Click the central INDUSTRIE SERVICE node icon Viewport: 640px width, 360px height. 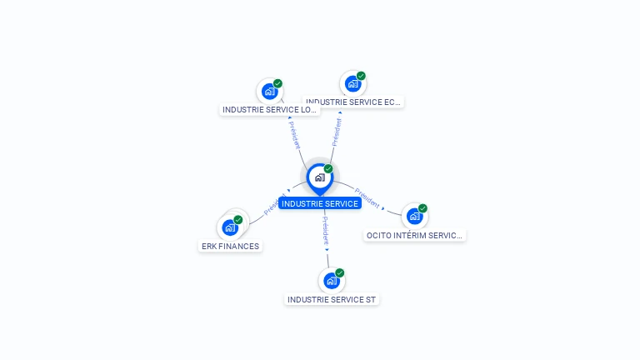click(319, 177)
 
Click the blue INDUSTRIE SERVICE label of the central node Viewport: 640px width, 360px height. click(320, 203)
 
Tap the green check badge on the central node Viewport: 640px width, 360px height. click(328, 168)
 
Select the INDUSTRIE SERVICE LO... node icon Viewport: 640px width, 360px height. click(269, 91)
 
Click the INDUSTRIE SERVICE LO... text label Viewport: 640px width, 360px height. click(269, 109)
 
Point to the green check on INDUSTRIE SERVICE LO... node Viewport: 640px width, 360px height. click(277, 83)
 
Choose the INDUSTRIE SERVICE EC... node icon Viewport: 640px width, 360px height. click(352, 83)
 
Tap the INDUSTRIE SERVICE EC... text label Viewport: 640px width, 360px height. click(353, 102)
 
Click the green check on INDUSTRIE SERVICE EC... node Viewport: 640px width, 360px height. click(361, 76)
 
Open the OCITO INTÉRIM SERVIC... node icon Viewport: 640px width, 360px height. click(414, 216)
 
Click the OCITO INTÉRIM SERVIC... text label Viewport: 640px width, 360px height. click(414, 235)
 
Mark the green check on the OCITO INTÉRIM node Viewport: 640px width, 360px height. click(422, 208)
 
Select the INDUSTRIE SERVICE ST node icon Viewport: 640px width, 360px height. click(332, 281)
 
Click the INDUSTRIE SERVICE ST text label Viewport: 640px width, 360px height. click(332, 299)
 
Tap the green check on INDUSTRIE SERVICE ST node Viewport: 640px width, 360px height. click(340, 272)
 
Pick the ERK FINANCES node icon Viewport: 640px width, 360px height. click(230, 227)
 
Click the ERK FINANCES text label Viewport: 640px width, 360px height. click(230, 246)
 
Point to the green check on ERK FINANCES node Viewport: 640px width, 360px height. click(238, 220)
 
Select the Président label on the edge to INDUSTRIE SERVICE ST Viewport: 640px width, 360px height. click(326, 230)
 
